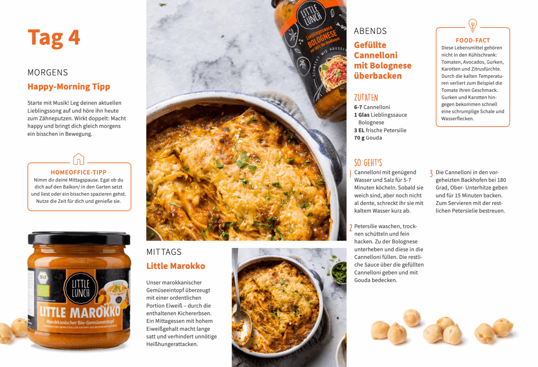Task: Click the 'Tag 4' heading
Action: pyautogui.click(x=54, y=38)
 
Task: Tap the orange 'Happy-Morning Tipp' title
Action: pyautogui.click(x=69, y=86)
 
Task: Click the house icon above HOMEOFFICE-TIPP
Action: pyautogui.click(x=78, y=159)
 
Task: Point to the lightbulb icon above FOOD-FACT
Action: pyautogui.click(x=472, y=25)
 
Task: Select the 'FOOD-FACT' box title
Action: pyautogui.click(x=473, y=40)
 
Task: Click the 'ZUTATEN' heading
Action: pyautogui.click(x=366, y=98)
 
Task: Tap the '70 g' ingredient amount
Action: pyautogui.click(x=359, y=138)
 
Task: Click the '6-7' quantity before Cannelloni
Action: pyautogui.click(x=358, y=107)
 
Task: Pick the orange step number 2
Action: pyautogui.click(x=350, y=228)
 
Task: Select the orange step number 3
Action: pyautogui.click(x=431, y=173)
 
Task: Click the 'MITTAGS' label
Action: pyautogui.click(x=164, y=252)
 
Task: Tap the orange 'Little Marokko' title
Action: pyautogui.click(x=176, y=266)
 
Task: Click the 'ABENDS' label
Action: pyautogui.click(x=370, y=31)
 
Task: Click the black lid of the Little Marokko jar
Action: pyautogui.click(x=79, y=238)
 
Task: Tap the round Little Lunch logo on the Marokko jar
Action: pyautogui.click(x=81, y=288)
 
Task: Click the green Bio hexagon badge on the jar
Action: pyautogui.click(x=43, y=277)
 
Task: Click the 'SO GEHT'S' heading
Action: pyautogui.click(x=368, y=163)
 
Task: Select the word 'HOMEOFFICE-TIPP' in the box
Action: pyautogui.click(x=78, y=172)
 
